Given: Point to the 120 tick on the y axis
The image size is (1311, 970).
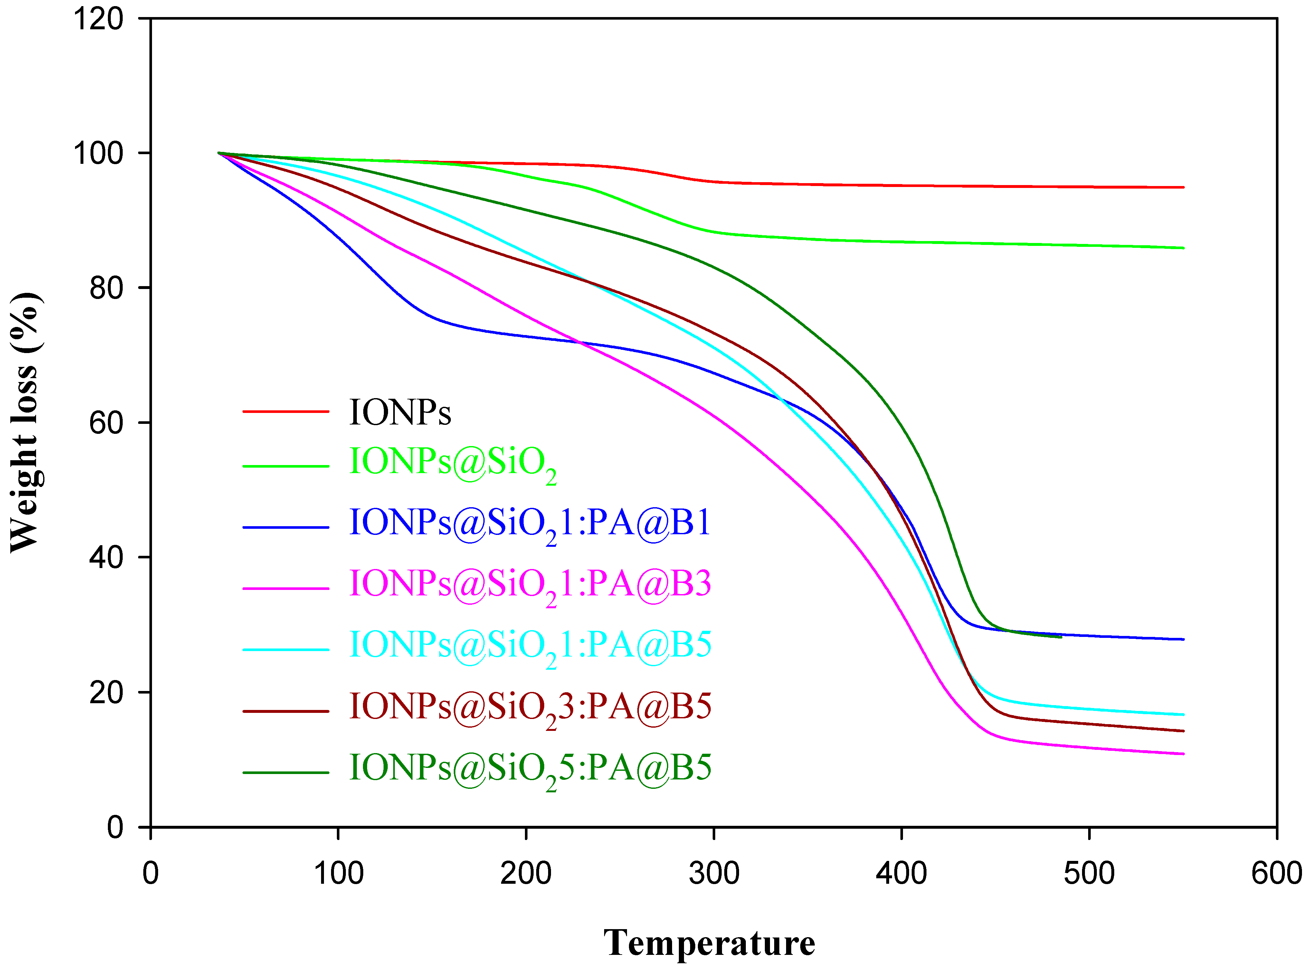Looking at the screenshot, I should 98,19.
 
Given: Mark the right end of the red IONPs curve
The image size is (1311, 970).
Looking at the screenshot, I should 1183,187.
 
